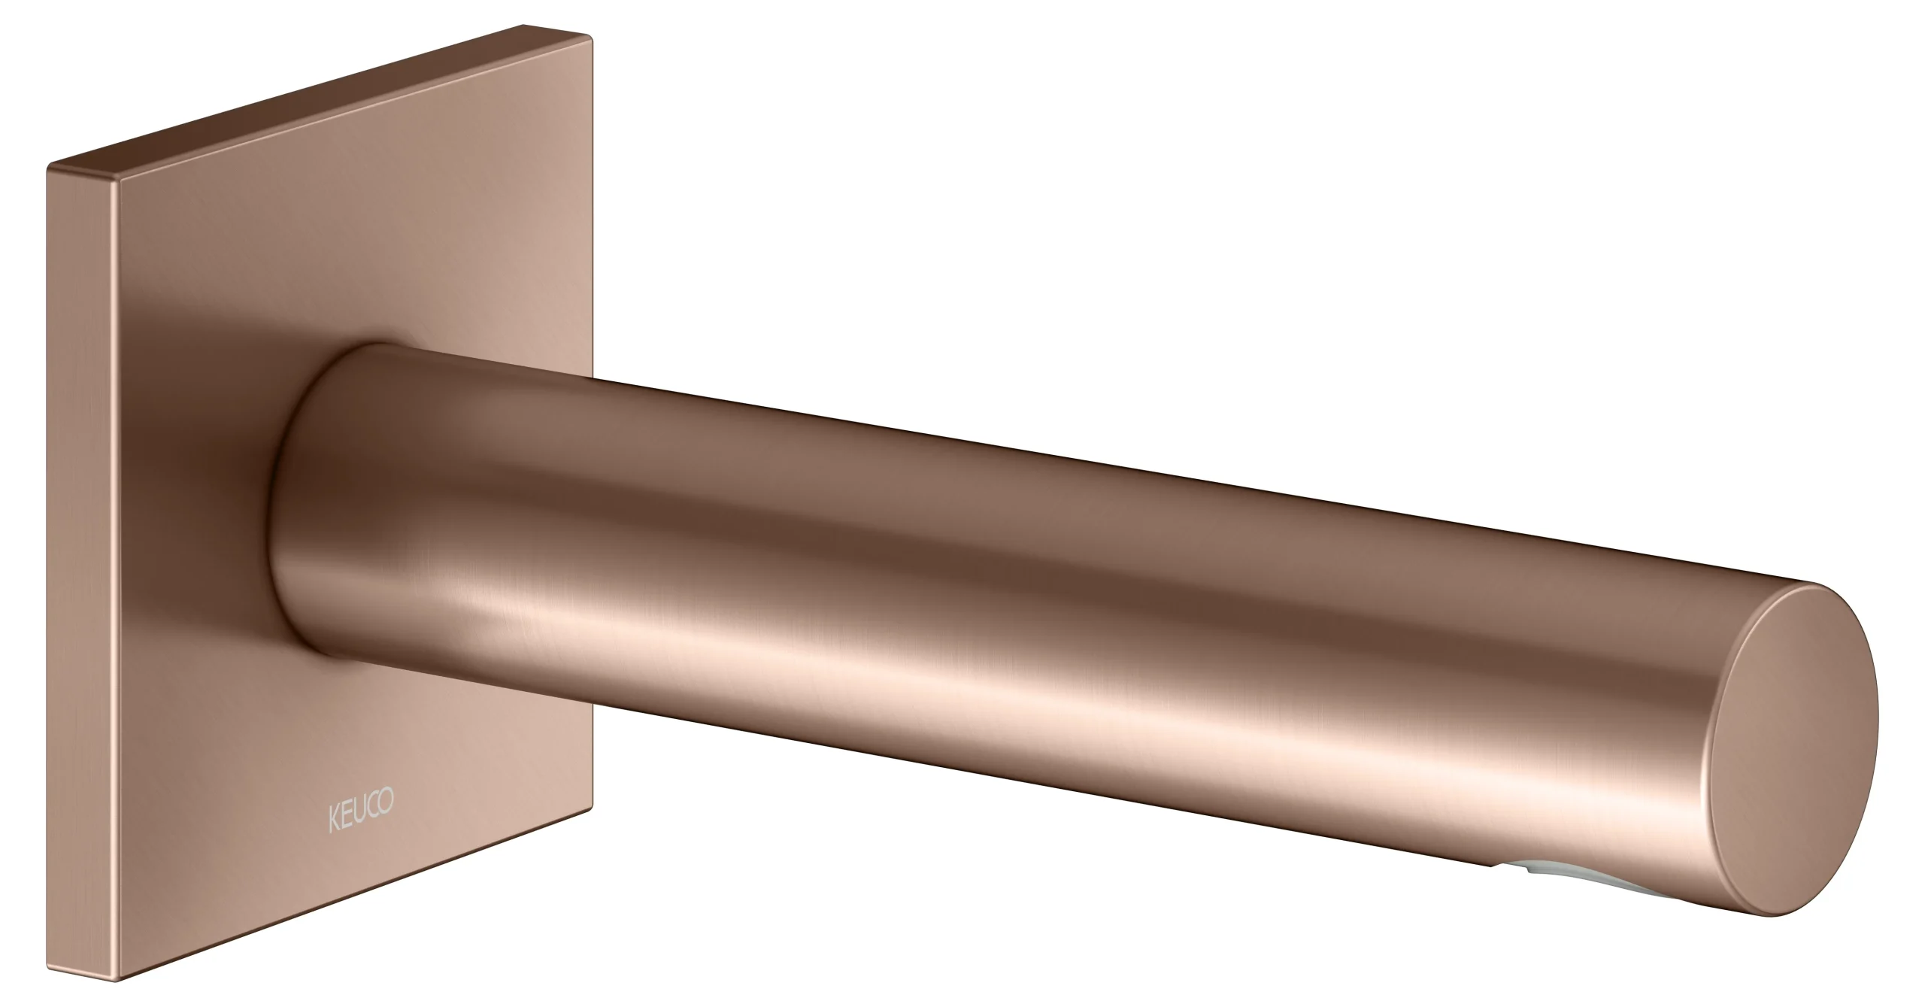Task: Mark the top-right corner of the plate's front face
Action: pyautogui.click(x=592, y=34)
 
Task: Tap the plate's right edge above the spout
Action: pyautogui.click(x=593, y=226)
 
